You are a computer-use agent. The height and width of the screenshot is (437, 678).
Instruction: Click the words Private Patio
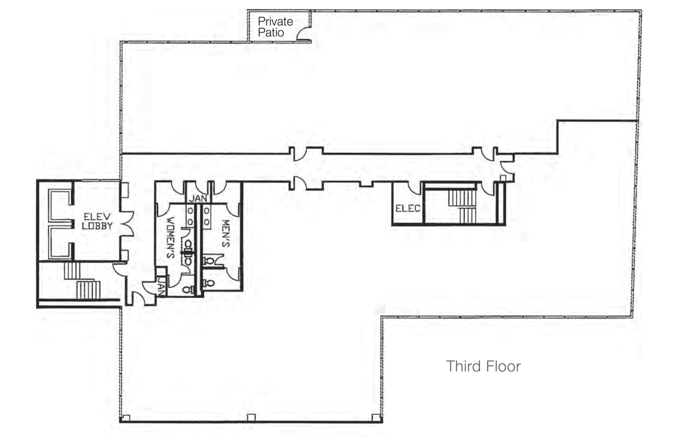coord(275,27)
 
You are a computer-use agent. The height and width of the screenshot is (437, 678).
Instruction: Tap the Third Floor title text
coord(483,366)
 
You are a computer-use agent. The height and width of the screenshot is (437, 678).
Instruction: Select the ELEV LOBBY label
coord(97,221)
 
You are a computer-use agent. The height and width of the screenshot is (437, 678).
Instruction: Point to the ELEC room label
coord(408,208)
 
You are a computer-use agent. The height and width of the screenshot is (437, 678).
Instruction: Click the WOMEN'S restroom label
coord(171,237)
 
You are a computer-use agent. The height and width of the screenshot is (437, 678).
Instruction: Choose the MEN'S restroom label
coord(226,233)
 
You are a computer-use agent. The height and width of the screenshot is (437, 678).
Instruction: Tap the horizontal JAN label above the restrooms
coord(198,198)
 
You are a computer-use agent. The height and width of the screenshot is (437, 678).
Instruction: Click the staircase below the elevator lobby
coord(83,281)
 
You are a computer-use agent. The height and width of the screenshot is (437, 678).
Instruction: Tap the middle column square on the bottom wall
coord(251,417)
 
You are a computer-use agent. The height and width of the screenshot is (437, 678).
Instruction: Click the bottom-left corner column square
coord(125,418)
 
